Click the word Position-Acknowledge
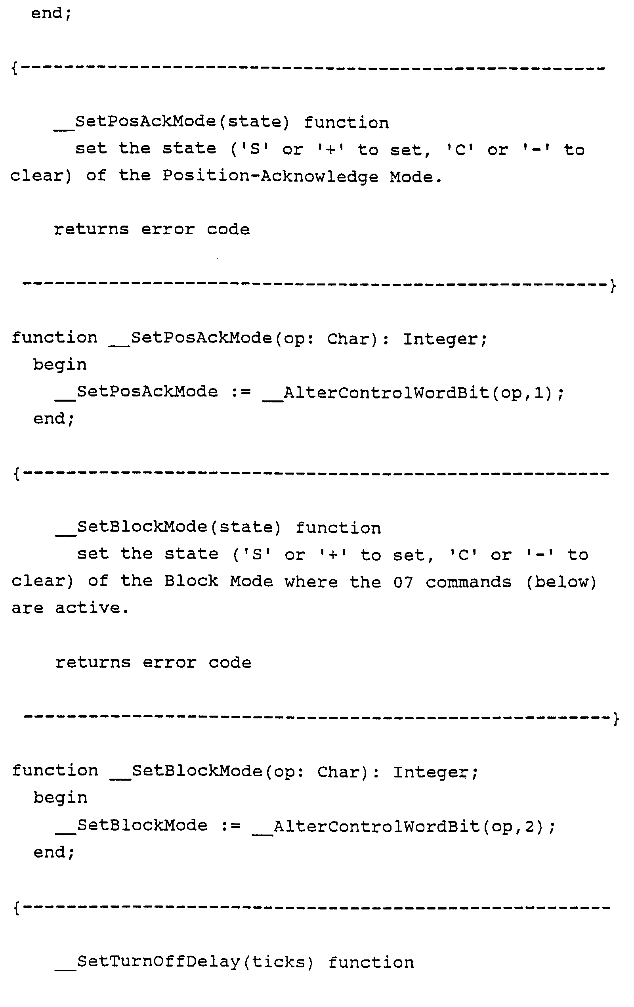[270, 176]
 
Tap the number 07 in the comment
[403, 582]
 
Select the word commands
[468, 582]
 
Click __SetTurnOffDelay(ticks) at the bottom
[184, 962]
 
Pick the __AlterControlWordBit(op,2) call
[403, 826]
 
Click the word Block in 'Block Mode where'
[191, 581]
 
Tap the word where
[311, 582]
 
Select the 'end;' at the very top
[52, 13]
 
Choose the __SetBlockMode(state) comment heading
[168, 528]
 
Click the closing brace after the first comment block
[613, 286]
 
